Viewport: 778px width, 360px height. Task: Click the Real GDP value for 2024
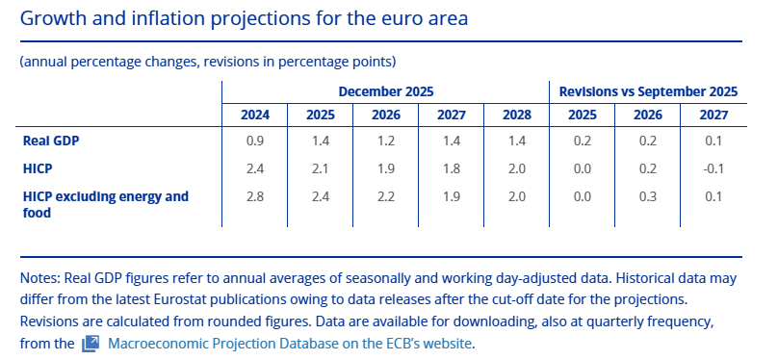coord(255,141)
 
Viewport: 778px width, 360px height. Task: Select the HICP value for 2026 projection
coord(386,168)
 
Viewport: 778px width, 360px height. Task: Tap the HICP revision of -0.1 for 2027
coord(713,168)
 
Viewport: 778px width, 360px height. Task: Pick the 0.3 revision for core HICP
coord(648,196)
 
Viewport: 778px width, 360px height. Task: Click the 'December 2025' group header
coord(386,91)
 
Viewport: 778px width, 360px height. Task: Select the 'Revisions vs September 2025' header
coord(648,91)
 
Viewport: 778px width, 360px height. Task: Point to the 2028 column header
coord(517,116)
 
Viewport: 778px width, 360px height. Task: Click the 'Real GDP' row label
coord(51,141)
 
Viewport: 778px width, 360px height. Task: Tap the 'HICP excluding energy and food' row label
coord(106,204)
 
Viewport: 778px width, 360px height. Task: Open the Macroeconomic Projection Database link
coord(289,343)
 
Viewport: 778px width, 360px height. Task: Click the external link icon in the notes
coord(91,343)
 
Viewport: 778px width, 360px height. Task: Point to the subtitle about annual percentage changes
coord(208,62)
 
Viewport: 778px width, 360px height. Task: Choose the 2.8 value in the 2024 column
coord(255,196)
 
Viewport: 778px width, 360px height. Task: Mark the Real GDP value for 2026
coord(386,141)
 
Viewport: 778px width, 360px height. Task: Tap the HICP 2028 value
coord(517,168)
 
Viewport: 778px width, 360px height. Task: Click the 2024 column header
coord(255,116)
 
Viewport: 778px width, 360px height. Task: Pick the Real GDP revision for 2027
coord(713,141)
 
